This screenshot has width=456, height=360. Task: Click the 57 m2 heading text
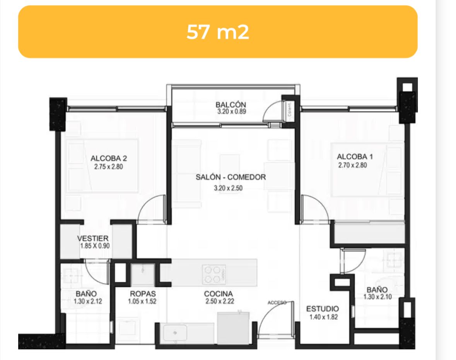[217, 32]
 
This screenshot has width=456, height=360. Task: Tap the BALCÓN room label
[231, 104]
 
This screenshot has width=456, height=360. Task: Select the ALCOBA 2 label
[109, 159]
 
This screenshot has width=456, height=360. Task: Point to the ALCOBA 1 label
[355, 157]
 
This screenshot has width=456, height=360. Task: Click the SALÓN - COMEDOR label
[231, 177]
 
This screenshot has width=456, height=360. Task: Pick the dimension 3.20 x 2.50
[228, 188]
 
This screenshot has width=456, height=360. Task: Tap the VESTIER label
[93, 239]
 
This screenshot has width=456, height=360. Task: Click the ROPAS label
[143, 294]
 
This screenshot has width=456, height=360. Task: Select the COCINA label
[219, 294]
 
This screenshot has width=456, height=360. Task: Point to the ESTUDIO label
[323, 309]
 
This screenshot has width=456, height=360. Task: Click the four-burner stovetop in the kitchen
[214, 275]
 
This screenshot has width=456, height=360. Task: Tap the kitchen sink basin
[175, 333]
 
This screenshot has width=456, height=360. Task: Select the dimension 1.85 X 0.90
[95, 246]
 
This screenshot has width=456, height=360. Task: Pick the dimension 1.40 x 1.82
[324, 317]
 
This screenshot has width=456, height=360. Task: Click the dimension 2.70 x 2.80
[352, 165]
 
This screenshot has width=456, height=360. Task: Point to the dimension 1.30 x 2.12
[88, 301]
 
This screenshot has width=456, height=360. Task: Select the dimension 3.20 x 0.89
[232, 111]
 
